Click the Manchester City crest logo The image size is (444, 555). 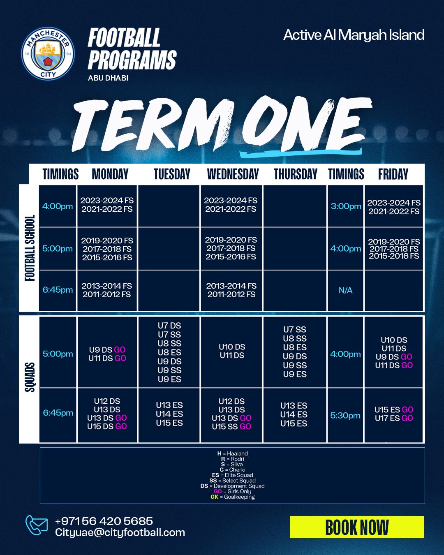coord(48,53)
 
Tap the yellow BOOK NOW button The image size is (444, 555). coord(356,527)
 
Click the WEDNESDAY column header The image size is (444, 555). coord(233,174)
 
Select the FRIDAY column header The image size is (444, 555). coord(393,174)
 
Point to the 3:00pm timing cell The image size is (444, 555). coord(346,206)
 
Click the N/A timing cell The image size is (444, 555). coord(345,290)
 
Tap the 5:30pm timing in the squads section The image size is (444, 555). coord(345,415)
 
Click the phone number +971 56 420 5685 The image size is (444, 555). coord(104,521)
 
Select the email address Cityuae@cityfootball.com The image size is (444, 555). coord(120,532)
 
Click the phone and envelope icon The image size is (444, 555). coord(36,525)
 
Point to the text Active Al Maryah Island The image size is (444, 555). coord(354,35)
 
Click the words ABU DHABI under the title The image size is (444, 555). coord(108,78)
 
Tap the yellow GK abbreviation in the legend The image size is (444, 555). coord(214,497)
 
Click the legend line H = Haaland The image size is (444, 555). coord(232,453)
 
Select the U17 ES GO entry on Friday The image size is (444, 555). coord(394,418)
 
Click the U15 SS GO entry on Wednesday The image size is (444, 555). coord(231,426)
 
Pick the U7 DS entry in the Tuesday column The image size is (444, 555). coord(169,326)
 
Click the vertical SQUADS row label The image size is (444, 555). coord(30,377)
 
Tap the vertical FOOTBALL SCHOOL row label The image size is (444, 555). coord(30,248)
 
